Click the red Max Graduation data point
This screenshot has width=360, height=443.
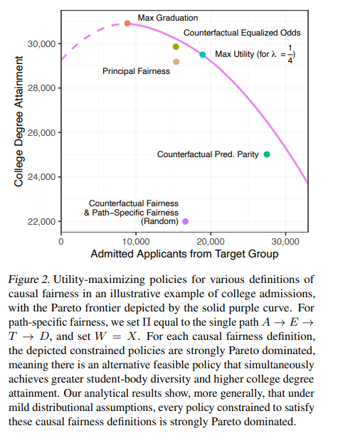[x=127, y=23]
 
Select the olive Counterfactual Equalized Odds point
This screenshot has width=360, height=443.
[x=176, y=47]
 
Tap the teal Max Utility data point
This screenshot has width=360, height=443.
[x=203, y=55]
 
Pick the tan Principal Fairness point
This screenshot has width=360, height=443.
[x=176, y=62]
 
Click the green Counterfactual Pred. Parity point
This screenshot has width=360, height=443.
[x=267, y=154]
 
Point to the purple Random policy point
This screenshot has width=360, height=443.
[x=186, y=222]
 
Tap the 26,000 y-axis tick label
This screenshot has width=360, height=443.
[x=41, y=133]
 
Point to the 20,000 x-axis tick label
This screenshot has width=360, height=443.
[x=211, y=242]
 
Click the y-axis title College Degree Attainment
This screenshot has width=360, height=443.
[x=18, y=121]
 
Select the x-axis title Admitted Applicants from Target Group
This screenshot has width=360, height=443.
[x=184, y=254]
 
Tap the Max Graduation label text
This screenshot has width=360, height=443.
[x=168, y=18]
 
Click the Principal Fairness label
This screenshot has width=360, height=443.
[x=136, y=71]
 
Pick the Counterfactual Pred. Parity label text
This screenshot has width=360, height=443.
[x=208, y=154]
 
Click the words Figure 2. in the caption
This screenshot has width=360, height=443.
[x=29, y=279]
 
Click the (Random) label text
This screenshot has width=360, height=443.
[x=159, y=221]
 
